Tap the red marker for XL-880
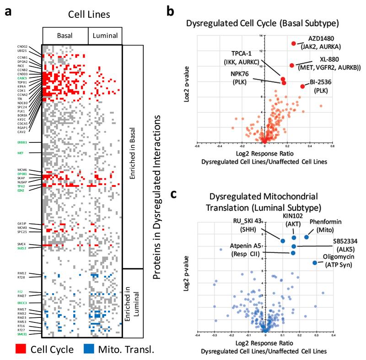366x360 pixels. (x=291, y=65)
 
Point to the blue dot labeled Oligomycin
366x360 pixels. (x=315, y=262)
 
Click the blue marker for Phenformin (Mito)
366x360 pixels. (x=307, y=237)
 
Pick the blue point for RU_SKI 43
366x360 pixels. (x=283, y=241)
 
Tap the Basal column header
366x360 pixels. (x=65, y=35)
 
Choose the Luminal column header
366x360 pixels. (x=105, y=35)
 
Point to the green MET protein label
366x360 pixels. (x=20, y=153)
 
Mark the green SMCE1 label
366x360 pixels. (x=22, y=335)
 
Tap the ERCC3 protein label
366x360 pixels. (x=22, y=303)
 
